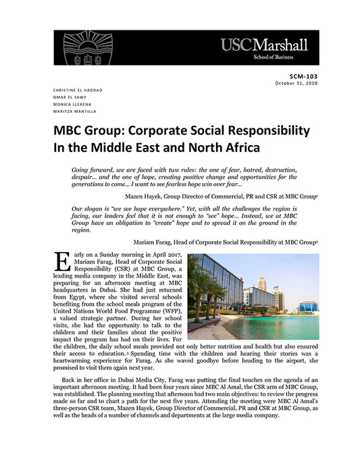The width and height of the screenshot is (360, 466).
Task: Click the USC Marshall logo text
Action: (x=263, y=45)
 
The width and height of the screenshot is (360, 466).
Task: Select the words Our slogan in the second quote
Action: (x=90, y=209)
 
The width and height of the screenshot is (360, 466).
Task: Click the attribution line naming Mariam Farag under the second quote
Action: (x=226, y=241)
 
